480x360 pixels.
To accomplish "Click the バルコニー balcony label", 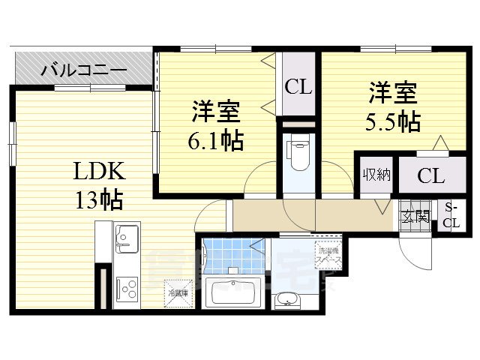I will tap(83, 72).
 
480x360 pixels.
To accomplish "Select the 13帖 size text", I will tap(97, 199).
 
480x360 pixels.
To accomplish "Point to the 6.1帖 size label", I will tap(215, 139).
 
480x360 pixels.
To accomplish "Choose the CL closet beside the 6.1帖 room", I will tap(298, 87).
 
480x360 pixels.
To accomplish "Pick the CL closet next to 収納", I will tap(430, 177).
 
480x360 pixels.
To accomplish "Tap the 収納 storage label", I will tap(376, 176).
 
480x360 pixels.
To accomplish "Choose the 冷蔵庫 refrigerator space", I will tap(176, 293).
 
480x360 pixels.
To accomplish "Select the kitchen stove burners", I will tap(125, 287).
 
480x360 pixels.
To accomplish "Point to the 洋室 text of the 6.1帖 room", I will tap(215, 112).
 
